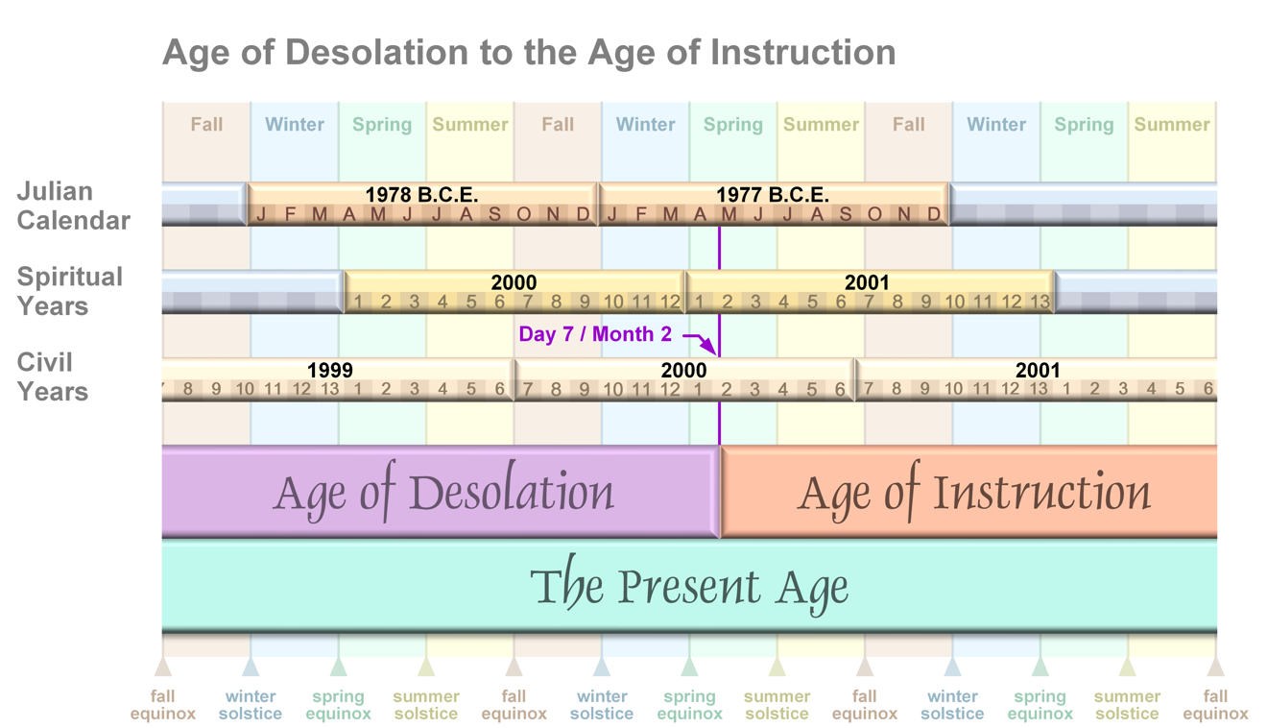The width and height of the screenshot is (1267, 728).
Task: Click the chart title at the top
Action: pyautogui.click(x=529, y=53)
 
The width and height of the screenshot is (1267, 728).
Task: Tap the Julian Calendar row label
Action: pyautogui.click(x=74, y=206)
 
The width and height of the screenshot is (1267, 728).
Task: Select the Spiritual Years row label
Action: pyautogui.click(x=69, y=291)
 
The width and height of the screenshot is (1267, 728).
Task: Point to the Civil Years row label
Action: pyautogui.click(x=53, y=376)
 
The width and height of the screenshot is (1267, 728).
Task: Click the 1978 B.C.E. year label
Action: pyautogui.click(x=422, y=195)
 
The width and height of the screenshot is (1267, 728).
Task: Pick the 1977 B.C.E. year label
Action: pyautogui.click(x=773, y=195)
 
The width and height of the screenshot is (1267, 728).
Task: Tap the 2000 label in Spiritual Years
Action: pyautogui.click(x=514, y=282)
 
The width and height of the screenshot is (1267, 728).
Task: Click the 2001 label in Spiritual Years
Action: pyautogui.click(x=867, y=282)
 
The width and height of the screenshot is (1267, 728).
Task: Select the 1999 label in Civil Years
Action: pyautogui.click(x=330, y=370)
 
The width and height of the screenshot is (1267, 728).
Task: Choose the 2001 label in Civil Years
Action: pyautogui.click(x=1038, y=370)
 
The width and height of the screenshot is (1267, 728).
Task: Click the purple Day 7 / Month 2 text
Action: pyautogui.click(x=595, y=334)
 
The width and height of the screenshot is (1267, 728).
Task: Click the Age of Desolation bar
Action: pyautogui.click(x=441, y=492)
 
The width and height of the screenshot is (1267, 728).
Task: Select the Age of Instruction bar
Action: pyautogui.click(x=969, y=492)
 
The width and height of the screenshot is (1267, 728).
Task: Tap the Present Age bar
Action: pyautogui.click(x=689, y=586)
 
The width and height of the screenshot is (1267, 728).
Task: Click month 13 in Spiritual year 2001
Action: pyautogui.click(x=1040, y=303)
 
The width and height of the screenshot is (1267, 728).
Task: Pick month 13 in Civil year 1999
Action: pyautogui.click(x=330, y=390)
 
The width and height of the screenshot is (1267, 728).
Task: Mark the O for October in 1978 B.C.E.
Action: pyautogui.click(x=524, y=214)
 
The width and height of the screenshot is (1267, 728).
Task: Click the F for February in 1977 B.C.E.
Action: pyautogui.click(x=641, y=214)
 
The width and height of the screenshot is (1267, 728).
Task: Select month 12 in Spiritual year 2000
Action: pyautogui.click(x=670, y=303)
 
